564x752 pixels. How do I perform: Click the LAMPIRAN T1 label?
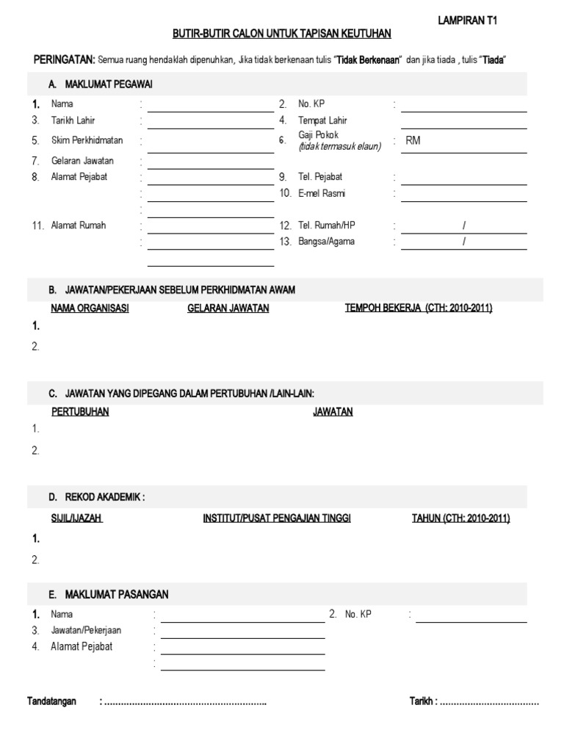[x=467, y=22]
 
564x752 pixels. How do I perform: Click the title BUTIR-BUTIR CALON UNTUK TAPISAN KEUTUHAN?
[x=282, y=34]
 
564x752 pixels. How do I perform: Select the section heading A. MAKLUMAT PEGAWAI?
[x=101, y=84]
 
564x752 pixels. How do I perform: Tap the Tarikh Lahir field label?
[x=73, y=120]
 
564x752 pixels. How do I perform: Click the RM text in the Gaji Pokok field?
[x=413, y=141]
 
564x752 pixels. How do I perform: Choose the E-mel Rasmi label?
[x=321, y=193]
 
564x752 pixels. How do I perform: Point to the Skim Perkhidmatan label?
[x=87, y=140]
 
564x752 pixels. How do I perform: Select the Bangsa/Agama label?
[x=326, y=242]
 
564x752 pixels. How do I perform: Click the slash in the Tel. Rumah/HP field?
[x=464, y=225]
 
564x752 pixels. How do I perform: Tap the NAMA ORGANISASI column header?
[x=90, y=308]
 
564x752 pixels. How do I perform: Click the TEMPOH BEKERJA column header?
[x=419, y=308]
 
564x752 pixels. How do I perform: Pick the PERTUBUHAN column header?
[x=80, y=412]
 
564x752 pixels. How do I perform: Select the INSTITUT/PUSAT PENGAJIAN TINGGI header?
[x=277, y=518]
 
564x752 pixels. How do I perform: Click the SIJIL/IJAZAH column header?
[x=76, y=518]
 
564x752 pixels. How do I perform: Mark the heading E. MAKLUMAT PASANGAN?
[x=109, y=594]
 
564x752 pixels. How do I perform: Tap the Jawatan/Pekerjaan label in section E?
[x=86, y=630]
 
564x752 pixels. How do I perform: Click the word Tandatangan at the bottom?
[x=51, y=702]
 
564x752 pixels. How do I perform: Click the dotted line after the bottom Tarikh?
[x=490, y=703]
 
